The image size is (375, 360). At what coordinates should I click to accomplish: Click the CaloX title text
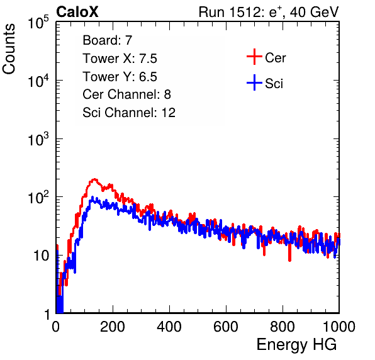(x=77, y=12)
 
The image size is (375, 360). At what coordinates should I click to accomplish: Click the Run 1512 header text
(x=269, y=12)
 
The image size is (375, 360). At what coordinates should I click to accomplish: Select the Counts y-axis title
(x=9, y=48)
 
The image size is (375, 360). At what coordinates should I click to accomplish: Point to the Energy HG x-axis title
(x=296, y=345)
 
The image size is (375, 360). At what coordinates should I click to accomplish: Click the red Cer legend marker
(x=254, y=57)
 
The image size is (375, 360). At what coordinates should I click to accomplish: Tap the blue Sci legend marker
(x=254, y=83)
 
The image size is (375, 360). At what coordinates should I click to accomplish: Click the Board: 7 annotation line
(x=108, y=40)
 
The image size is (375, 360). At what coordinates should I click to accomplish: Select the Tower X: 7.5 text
(x=120, y=59)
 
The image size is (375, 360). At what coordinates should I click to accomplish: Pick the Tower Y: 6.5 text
(x=120, y=77)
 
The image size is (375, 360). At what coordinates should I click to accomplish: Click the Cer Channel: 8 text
(x=126, y=94)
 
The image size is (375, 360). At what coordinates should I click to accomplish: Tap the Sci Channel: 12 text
(x=129, y=113)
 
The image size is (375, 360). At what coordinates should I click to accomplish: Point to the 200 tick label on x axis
(x=113, y=327)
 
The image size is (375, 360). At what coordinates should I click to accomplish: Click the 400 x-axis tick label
(x=169, y=327)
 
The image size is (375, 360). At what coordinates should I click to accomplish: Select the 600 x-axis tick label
(x=226, y=327)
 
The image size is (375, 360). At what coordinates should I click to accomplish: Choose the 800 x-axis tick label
(x=283, y=327)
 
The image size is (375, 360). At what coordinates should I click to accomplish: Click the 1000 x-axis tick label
(x=339, y=327)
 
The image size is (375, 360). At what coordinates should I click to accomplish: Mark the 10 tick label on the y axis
(x=42, y=256)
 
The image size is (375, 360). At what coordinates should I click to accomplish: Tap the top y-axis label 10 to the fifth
(x=38, y=23)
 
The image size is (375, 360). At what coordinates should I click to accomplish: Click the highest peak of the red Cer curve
(x=95, y=179)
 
